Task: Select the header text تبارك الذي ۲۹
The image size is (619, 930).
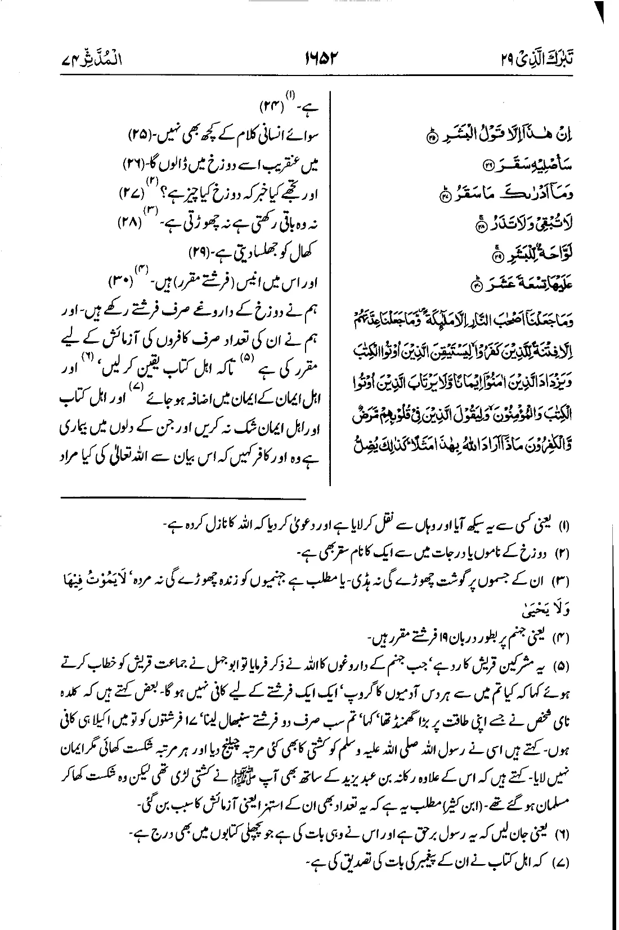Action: [x=545, y=59]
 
